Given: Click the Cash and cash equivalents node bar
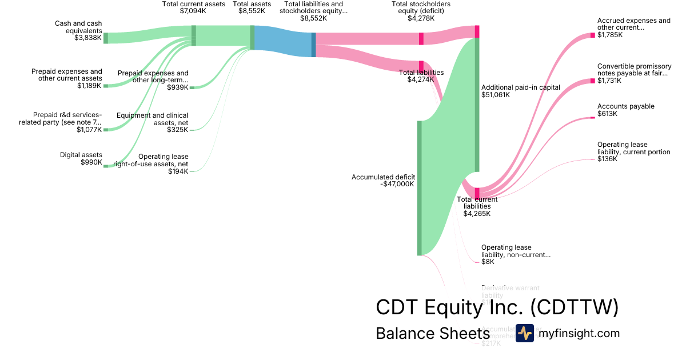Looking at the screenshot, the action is [106, 38].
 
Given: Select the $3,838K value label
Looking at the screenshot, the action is [88, 38].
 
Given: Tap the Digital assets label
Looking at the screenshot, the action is [81, 155].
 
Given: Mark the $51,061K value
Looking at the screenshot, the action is [495, 95].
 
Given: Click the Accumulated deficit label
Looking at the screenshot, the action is [383, 177].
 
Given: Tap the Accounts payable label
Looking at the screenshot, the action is [625, 106].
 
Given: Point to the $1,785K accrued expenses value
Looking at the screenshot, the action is [610, 35].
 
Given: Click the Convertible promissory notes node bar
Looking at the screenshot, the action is [593, 81].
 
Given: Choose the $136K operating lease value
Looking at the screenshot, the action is [607, 159].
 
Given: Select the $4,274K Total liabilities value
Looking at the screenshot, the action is [421, 80].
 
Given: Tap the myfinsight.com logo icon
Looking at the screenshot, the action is [524, 333].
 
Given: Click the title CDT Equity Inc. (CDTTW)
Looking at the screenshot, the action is [497, 307].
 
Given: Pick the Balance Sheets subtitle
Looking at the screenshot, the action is [432, 334].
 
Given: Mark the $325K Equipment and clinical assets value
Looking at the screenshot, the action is [177, 130].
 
